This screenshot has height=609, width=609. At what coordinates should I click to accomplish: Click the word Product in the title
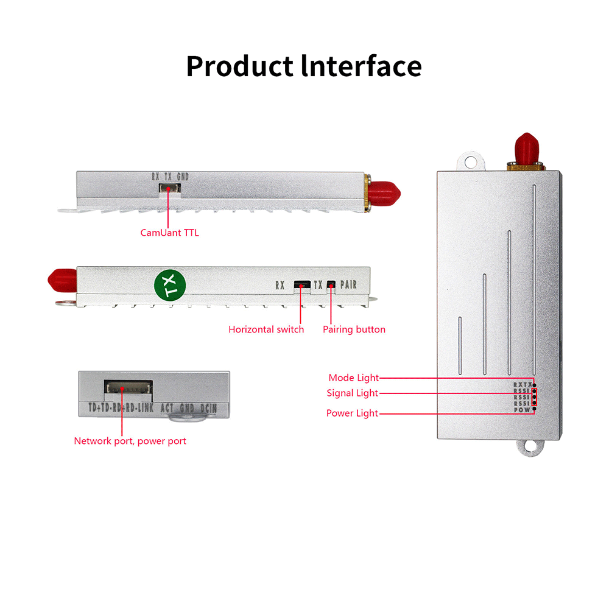point(238,66)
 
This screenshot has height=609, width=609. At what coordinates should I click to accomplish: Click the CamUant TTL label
point(169,232)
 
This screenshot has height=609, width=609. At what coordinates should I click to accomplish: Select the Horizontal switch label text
point(266,329)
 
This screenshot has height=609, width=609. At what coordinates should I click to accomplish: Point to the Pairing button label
point(354,329)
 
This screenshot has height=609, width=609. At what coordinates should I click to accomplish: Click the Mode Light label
point(353,378)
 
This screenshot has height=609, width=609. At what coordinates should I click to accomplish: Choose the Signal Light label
point(352,393)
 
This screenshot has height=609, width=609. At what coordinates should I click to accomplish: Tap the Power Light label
point(352,414)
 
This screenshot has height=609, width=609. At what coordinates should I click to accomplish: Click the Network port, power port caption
point(130,441)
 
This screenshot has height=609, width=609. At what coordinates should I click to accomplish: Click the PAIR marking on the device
point(348,284)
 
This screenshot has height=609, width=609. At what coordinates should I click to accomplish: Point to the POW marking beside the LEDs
point(522,410)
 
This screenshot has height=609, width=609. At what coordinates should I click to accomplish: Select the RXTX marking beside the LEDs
point(522,385)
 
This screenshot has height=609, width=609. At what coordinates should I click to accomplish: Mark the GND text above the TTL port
point(183,177)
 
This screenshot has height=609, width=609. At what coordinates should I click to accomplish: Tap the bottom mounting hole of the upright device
point(530,448)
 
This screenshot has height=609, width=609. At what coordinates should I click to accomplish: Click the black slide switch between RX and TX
point(301,284)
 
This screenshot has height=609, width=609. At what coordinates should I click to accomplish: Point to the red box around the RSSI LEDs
point(534,397)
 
